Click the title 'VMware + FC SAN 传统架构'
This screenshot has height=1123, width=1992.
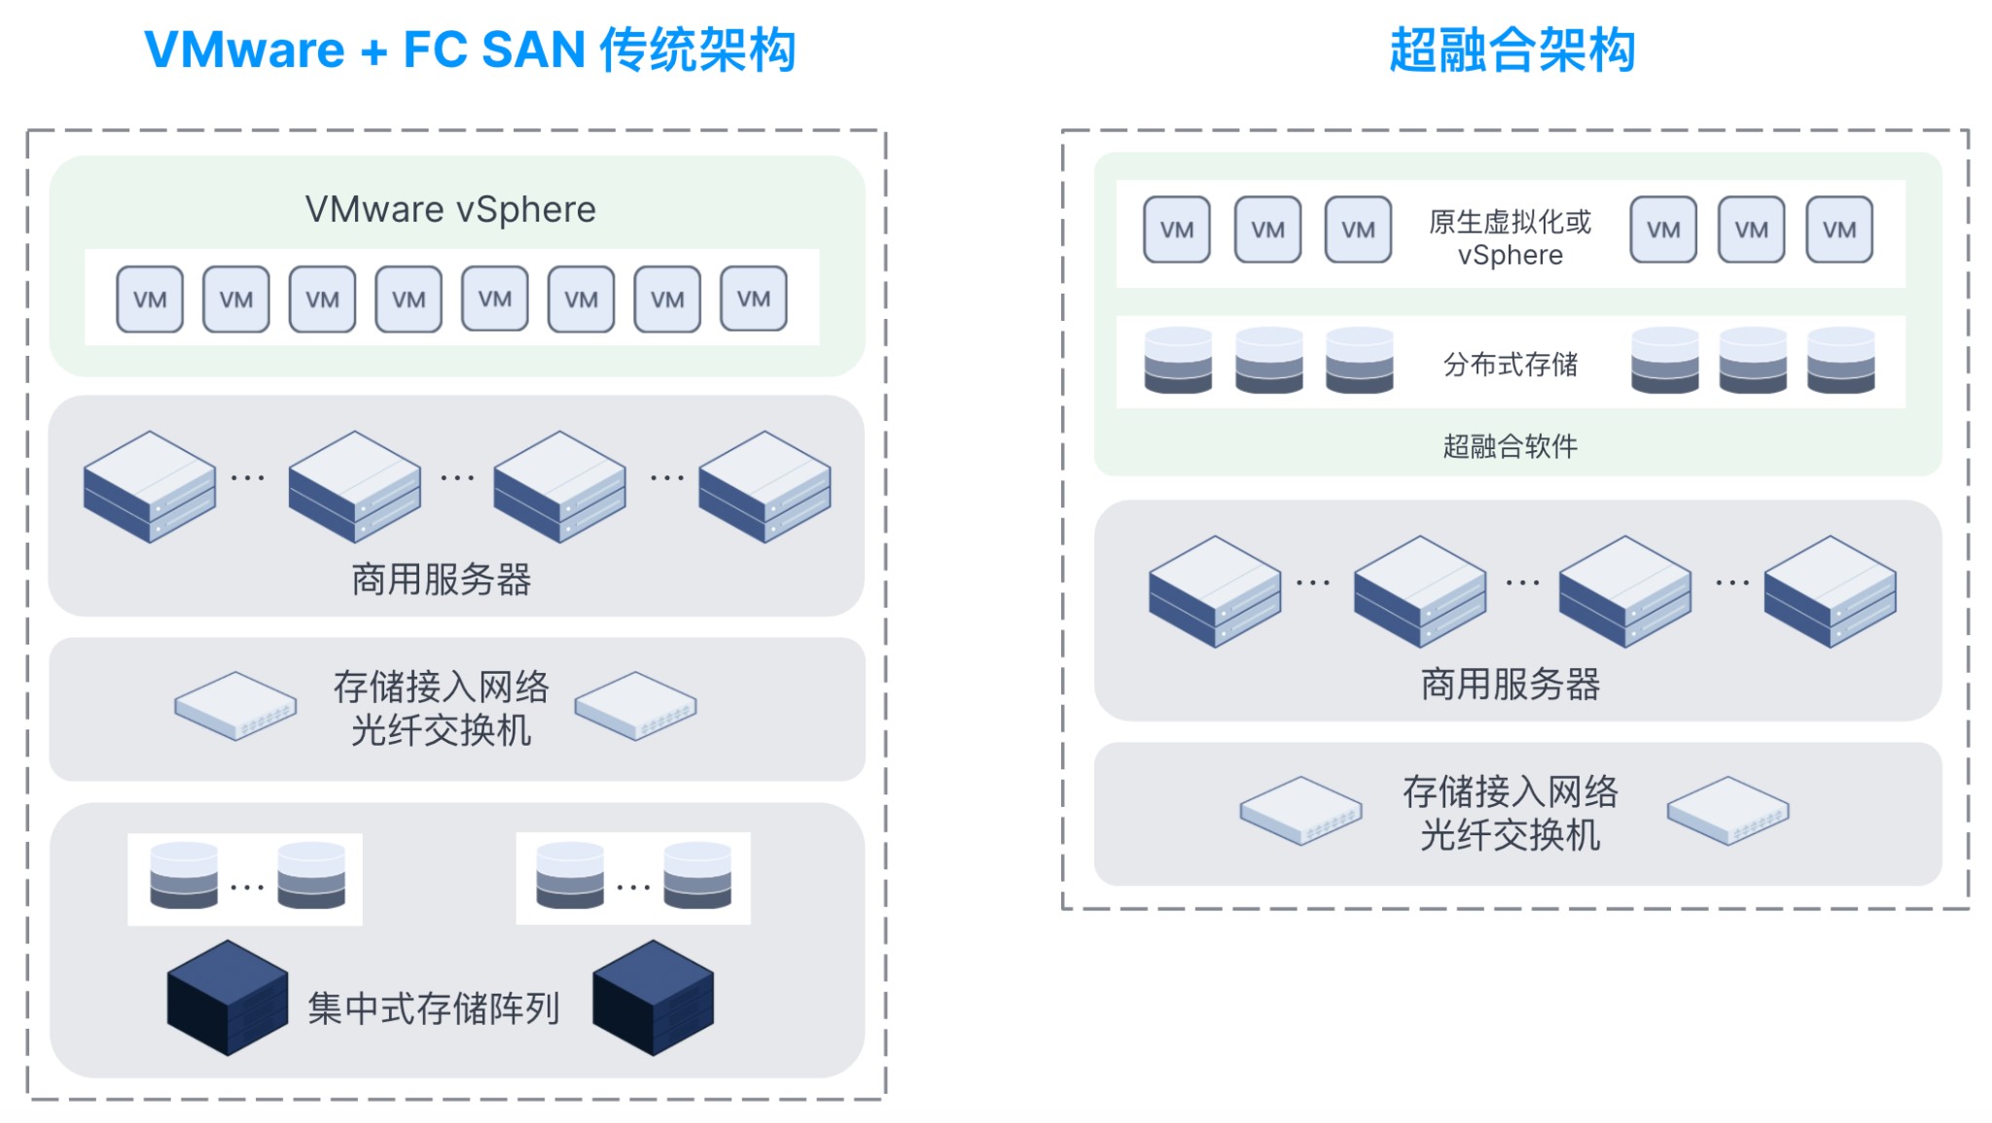click(x=470, y=51)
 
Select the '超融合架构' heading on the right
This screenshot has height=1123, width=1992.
click(x=1512, y=51)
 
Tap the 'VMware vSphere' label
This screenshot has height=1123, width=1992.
click(x=450, y=210)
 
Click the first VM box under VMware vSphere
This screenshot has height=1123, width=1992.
click(x=150, y=299)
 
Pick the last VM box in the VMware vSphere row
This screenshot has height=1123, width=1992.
click(x=754, y=299)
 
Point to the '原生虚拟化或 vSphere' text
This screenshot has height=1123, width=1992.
click(x=1510, y=238)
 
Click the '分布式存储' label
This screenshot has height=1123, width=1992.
click(x=1510, y=365)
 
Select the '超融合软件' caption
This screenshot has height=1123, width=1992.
click(x=1510, y=446)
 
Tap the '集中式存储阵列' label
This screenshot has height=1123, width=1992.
click(x=433, y=1008)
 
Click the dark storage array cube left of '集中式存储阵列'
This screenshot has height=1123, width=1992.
click(x=227, y=998)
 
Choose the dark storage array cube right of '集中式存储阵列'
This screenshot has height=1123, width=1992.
click(x=653, y=998)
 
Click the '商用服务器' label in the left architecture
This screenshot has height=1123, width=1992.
click(x=441, y=579)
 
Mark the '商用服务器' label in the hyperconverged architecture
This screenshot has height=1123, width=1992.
click(x=1510, y=684)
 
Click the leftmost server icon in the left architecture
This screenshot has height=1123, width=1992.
click(x=149, y=486)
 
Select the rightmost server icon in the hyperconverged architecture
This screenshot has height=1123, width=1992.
click(x=1830, y=591)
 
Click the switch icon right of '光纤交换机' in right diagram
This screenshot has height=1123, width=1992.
click(x=1727, y=811)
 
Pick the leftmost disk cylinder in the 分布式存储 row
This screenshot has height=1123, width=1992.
click(x=1178, y=361)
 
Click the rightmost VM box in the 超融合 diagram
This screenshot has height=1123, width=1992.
click(x=1839, y=230)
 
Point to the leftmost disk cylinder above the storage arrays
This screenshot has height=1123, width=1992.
click(x=184, y=876)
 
